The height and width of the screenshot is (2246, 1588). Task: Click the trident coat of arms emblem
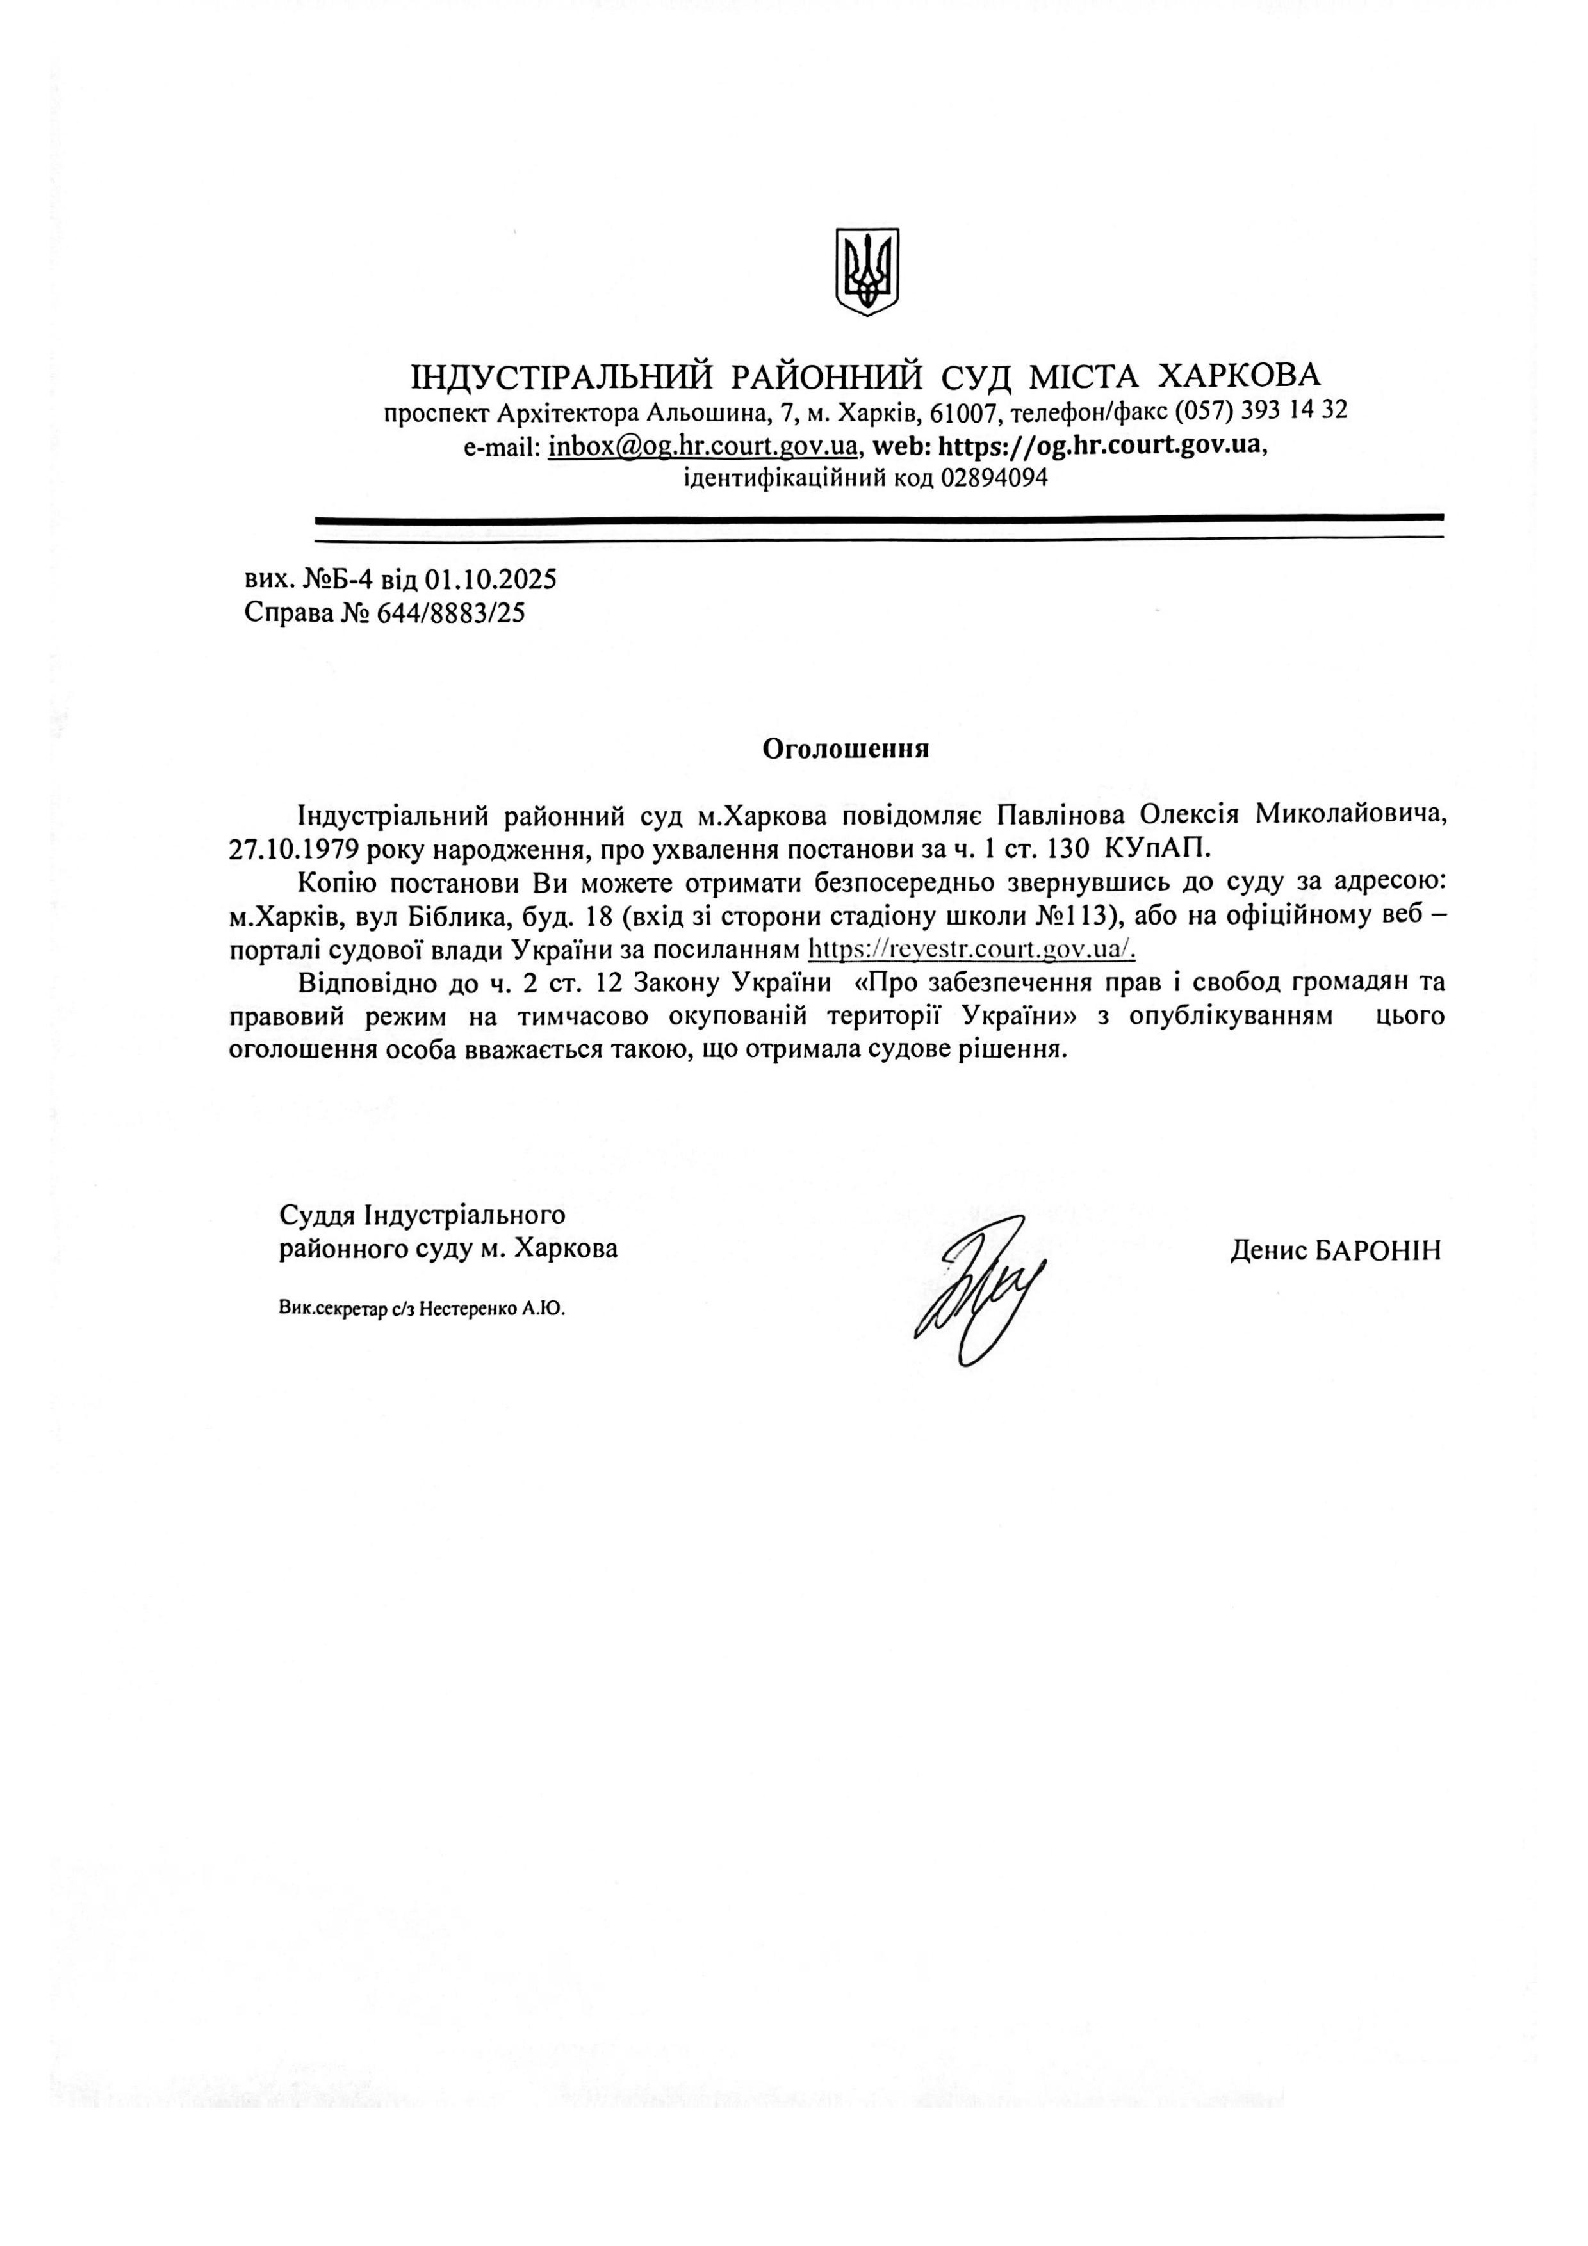point(867,272)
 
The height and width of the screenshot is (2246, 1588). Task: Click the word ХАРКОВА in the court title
point(1239,375)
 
